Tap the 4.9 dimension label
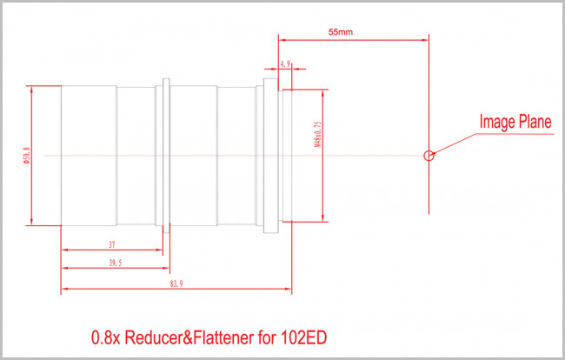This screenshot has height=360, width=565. click(x=286, y=63)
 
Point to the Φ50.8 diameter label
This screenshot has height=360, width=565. click(x=26, y=154)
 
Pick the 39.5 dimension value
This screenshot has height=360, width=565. click(x=116, y=262)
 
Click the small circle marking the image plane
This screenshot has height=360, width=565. click(x=428, y=157)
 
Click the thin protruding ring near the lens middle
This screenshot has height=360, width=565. click(x=166, y=155)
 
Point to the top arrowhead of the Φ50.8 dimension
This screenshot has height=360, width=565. click(x=32, y=88)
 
